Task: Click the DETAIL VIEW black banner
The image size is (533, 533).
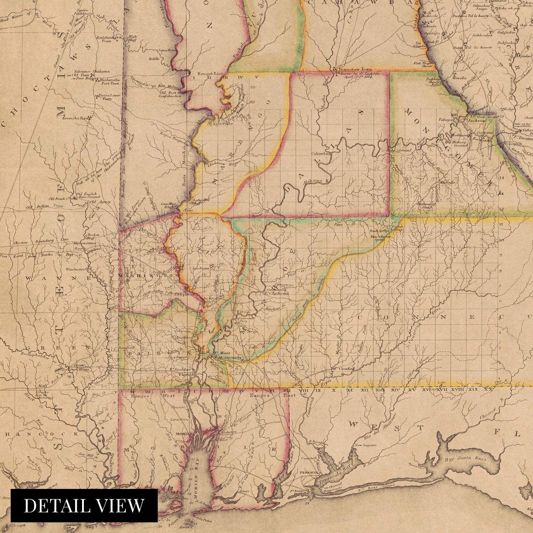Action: click(84, 506)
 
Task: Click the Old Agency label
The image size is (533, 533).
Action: click(97, 202)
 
